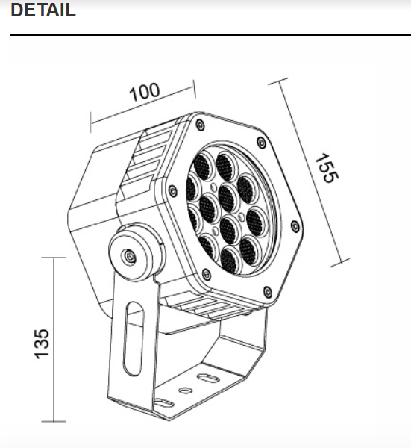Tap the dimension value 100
pyautogui.click(x=145, y=92)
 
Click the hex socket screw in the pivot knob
pyautogui.click(x=129, y=256)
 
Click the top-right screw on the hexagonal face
pyautogui.click(x=260, y=142)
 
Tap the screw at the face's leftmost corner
pyautogui.click(x=173, y=192)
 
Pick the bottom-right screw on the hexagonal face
pyautogui.click(x=268, y=292)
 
